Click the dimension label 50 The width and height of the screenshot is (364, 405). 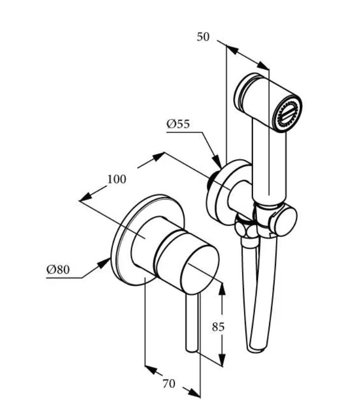click(203, 37)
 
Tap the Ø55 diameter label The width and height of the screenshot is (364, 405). click(178, 124)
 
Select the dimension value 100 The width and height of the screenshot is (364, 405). click(117, 179)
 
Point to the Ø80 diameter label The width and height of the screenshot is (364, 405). click(58, 269)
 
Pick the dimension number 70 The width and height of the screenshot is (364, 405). click(169, 383)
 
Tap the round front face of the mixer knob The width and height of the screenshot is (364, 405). click(200, 270)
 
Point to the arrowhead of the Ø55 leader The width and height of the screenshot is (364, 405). click(216, 161)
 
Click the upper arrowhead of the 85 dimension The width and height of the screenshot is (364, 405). click(222, 289)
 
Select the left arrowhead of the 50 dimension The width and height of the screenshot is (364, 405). click(233, 49)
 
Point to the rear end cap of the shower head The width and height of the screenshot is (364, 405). click(243, 93)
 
